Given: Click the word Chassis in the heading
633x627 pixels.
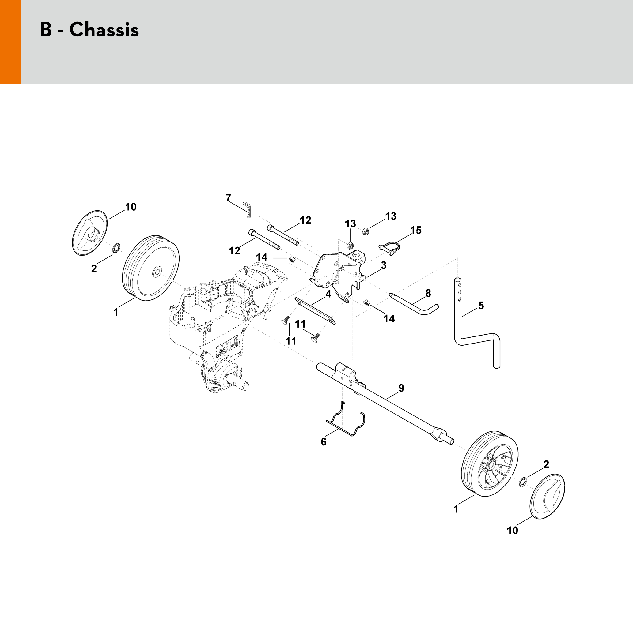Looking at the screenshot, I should (104, 30).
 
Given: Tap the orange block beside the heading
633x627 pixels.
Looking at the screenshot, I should (10, 42).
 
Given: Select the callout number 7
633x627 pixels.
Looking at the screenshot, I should (228, 198).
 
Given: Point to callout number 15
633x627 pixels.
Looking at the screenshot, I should (416, 230).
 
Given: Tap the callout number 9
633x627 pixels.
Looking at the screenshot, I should (401, 388).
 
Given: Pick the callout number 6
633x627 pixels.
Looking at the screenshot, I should (324, 442).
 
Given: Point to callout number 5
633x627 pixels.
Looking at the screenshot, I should (481, 306).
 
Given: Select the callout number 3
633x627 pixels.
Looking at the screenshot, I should (383, 265).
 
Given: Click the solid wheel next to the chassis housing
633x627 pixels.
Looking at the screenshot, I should (151, 268).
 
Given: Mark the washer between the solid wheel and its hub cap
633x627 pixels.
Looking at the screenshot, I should (116, 248).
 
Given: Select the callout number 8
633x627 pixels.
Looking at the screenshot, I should (428, 293).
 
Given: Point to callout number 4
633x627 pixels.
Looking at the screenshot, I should (328, 294).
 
